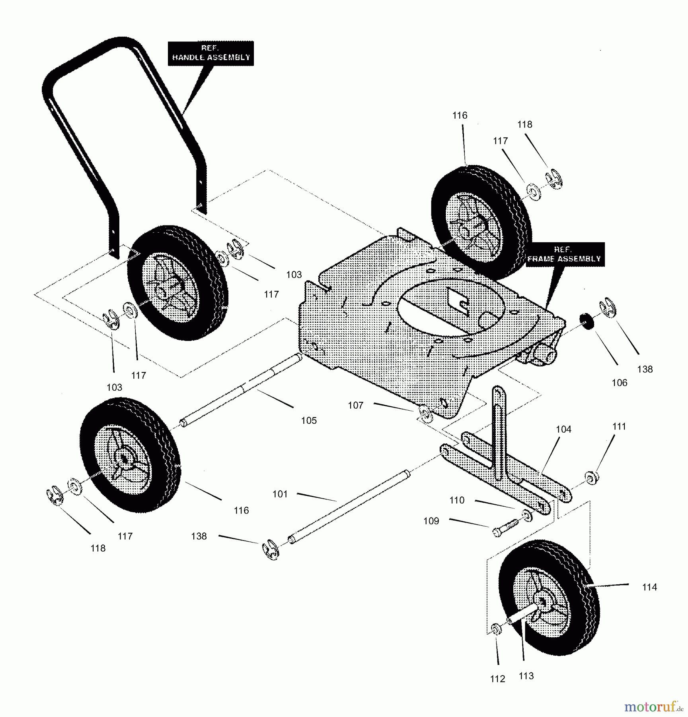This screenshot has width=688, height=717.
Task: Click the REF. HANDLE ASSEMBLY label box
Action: [x=210, y=53]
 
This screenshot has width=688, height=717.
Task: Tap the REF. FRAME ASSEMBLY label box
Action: [x=565, y=254]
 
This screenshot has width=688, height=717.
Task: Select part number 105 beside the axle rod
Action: [x=309, y=420]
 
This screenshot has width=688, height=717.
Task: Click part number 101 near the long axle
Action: [x=280, y=494]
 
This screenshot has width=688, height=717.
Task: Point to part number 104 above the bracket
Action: [x=563, y=429]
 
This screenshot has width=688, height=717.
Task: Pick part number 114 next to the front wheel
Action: [x=649, y=587]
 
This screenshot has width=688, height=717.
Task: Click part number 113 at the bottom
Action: [x=526, y=676]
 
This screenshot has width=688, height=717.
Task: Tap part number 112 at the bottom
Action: [x=497, y=679]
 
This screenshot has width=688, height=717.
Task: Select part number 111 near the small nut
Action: [x=619, y=426]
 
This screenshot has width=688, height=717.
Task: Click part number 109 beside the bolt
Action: [x=431, y=521]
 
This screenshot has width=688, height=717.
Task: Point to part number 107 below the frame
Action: [x=355, y=405]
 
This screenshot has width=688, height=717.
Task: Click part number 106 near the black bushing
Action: [x=619, y=383]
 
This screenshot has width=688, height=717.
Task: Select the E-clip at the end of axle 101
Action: [x=271, y=550]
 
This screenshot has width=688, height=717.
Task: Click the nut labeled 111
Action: [x=591, y=477]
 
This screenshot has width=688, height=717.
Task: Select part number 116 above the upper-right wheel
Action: [x=460, y=116]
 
